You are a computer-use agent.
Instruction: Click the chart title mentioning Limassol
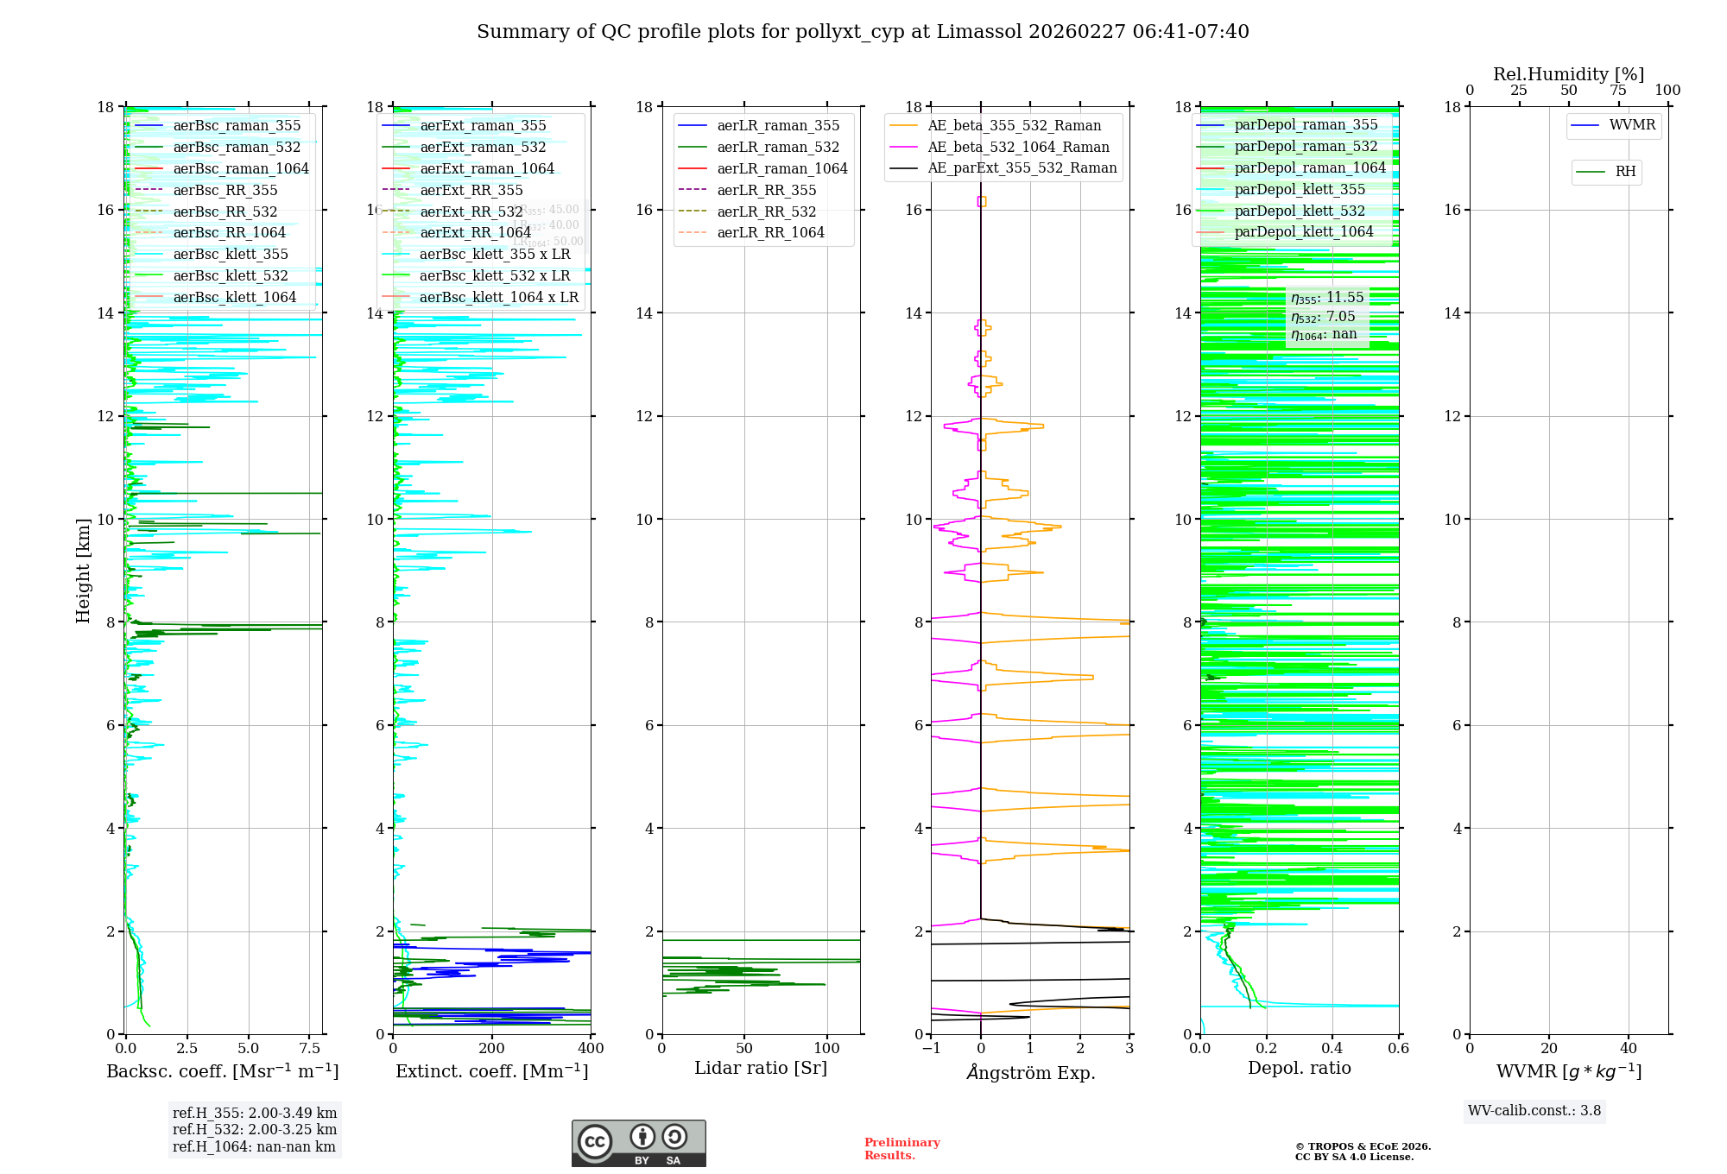pos(863,32)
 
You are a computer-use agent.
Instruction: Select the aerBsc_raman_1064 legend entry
pos(241,168)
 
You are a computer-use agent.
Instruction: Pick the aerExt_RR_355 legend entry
pos(471,190)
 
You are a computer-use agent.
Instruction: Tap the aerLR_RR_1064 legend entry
pos(770,232)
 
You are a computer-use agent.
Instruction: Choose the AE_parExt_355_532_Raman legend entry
pos(1022,167)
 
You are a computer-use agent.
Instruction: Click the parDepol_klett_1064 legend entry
pos(1303,231)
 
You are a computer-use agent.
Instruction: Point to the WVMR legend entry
pos(1632,125)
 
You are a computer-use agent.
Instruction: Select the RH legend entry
pos(1625,172)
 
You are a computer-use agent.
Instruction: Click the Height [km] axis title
pos(83,570)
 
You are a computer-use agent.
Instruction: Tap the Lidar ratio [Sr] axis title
pos(761,1068)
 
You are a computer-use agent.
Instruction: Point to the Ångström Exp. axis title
pos(1030,1072)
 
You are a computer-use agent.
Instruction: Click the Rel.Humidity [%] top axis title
pos(1568,74)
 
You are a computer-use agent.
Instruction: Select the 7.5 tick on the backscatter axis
pos(309,1049)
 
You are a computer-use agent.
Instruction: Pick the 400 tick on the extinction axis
pos(591,1049)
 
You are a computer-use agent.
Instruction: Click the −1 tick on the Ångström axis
pos(931,1049)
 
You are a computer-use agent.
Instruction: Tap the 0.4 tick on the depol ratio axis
pos(1332,1049)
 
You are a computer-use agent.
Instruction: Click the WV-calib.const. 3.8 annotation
pos(1534,1111)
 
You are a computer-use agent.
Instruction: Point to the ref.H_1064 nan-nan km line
pos(254,1146)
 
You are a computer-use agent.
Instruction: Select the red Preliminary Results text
pos(901,1149)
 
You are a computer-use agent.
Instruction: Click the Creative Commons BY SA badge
pos(638,1144)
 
